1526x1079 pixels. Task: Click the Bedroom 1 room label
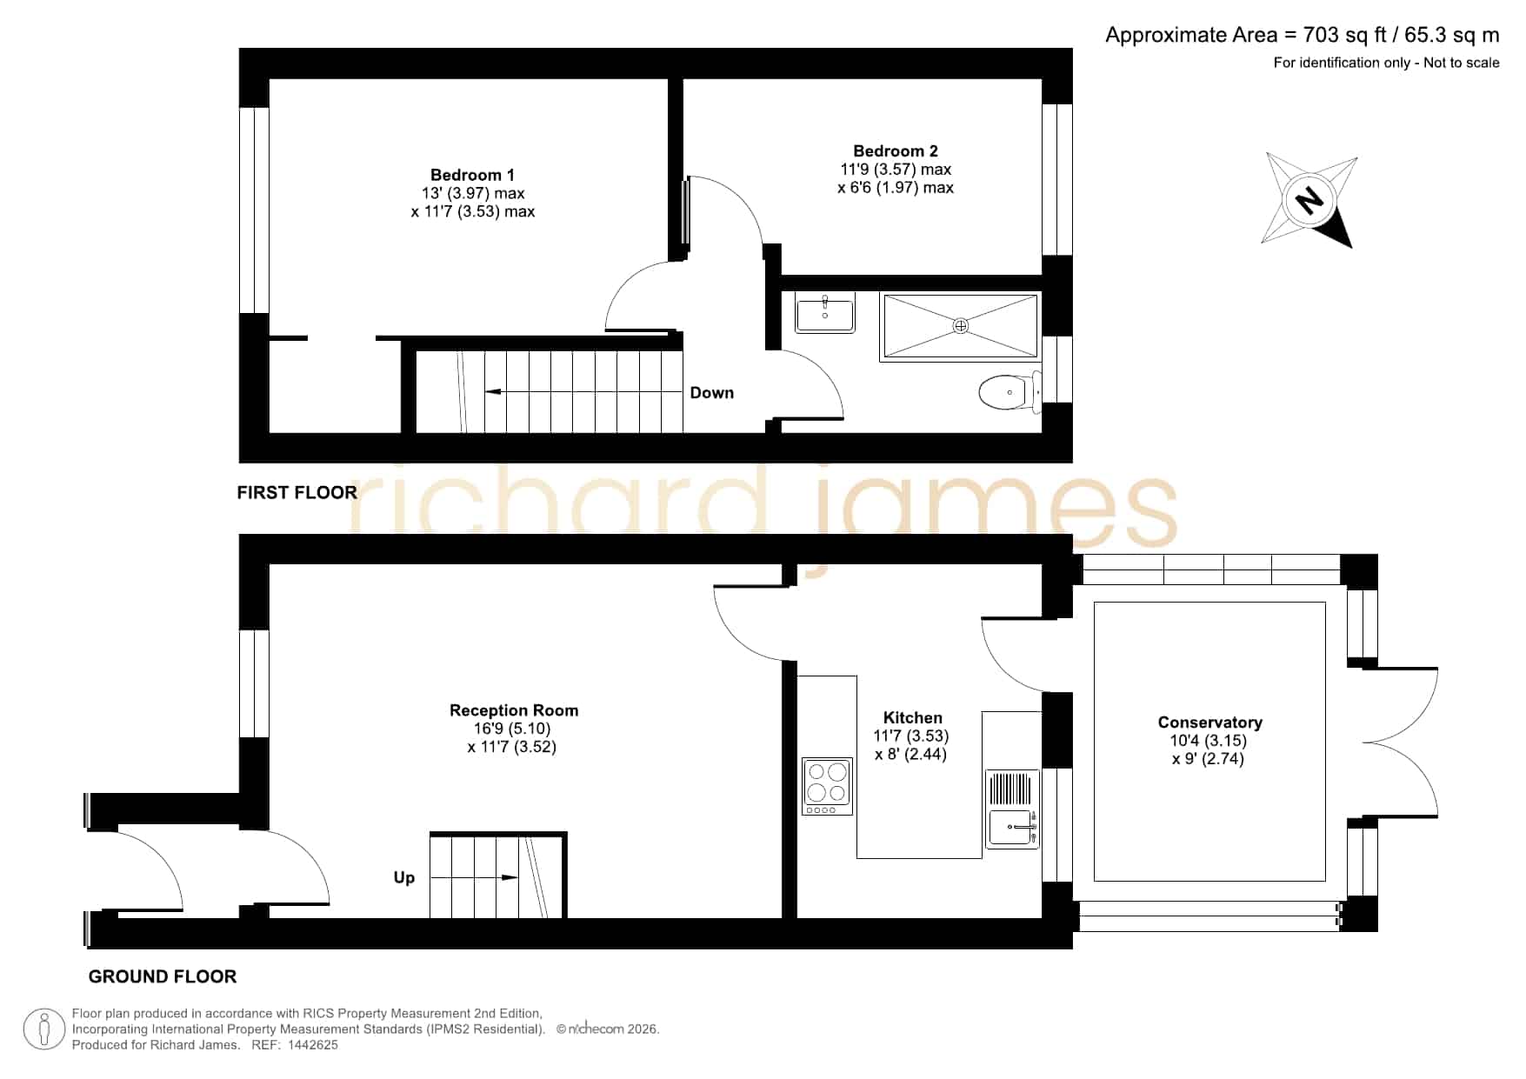pos(472,175)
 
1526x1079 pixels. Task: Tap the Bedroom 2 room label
pos(896,151)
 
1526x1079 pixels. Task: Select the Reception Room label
pos(514,710)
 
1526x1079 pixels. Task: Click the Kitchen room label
pos(912,717)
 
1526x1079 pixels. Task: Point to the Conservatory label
pos(1209,723)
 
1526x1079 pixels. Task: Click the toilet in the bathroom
pos(1010,392)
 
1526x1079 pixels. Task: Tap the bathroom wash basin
pos(824,313)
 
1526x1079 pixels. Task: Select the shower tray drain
pos(961,326)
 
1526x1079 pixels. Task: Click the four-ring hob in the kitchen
pos(827,786)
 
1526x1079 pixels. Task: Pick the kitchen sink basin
pos(1012,827)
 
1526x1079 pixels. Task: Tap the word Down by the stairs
pos(711,393)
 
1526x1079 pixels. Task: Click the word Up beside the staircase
pos(404,877)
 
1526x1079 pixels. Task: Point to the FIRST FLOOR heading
pos(297,493)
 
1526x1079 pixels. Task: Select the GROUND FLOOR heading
pos(163,976)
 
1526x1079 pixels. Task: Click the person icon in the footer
pos(44,1029)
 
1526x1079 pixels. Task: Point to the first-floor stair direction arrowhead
pos(493,392)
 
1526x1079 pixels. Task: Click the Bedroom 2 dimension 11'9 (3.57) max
pos(896,170)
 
